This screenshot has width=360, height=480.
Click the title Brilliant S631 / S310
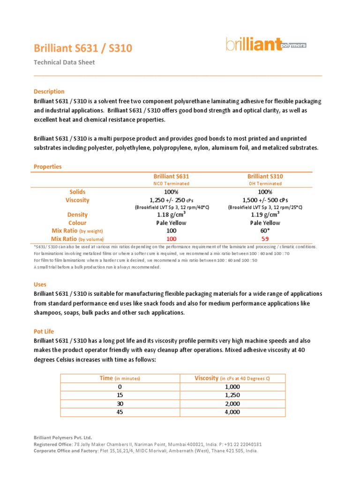pyautogui.click(x=83, y=48)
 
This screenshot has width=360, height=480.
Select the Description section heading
pyautogui.click(x=49, y=91)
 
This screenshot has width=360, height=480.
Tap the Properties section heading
pyautogui.click(x=47, y=166)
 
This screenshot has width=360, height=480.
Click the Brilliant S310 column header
pyautogui.click(x=265, y=176)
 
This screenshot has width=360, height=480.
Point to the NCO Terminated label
pyautogui.click(x=171, y=184)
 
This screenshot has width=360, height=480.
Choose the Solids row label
pyautogui.click(x=77, y=192)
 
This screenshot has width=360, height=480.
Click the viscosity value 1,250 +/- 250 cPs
pyautogui.click(x=171, y=200)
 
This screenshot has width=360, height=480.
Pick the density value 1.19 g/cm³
pyautogui.click(x=265, y=215)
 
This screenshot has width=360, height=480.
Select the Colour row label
pyautogui.click(x=77, y=223)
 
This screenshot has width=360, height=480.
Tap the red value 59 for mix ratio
pyautogui.click(x=265, y=239)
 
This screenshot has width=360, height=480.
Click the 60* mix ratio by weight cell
pyautogui.click(x=265, y=231)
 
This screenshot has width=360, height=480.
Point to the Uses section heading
pyautogui.click(x=40, y=285)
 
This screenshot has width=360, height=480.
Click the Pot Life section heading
pyautogui.click(x=44, y=331)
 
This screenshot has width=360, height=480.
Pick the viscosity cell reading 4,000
pyautogui.click(x=232, y=412)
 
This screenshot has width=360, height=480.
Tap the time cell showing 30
pyautogui.click(x=120, y=404)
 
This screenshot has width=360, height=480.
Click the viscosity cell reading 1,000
pyautogui.click(x=232, y=387)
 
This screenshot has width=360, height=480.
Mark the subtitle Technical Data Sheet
pyautogui.click(x=64, y=62)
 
